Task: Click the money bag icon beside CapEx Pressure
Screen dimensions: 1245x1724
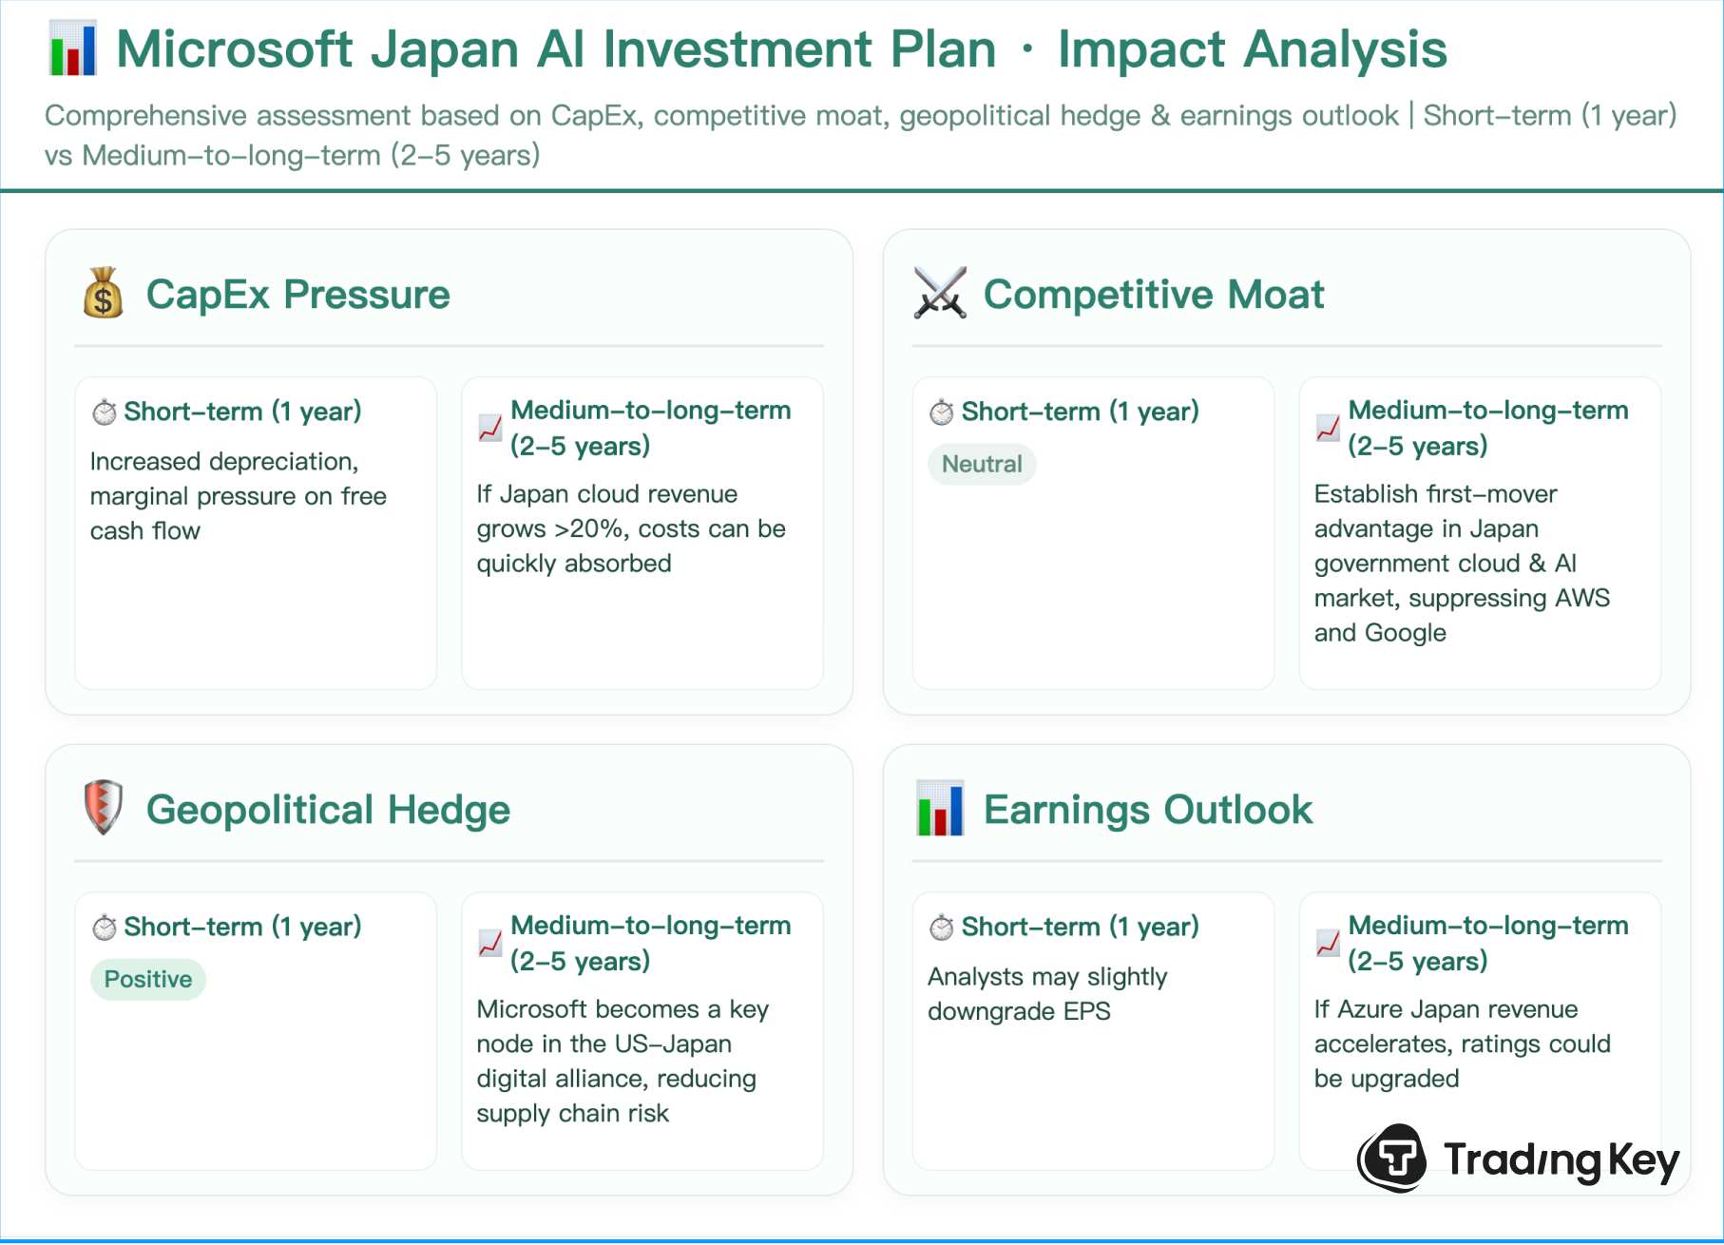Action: tap(103, 293)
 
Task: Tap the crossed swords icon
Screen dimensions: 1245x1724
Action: tap(940, 293)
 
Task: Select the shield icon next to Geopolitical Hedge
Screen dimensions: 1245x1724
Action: tap(103, 807)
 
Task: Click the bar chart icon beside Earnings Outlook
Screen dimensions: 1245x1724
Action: tap(940, 808)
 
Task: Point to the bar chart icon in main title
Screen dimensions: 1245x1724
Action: tap(73, 49)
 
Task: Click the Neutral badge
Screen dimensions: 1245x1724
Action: tap(982, 465)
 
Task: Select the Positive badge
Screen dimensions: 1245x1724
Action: tap(148, 980)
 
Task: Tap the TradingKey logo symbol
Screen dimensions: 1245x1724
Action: tap(1392, 1158)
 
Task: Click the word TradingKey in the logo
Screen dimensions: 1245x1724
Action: tap(1561, 1160)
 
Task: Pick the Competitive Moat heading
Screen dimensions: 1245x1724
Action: tap(1153, 295)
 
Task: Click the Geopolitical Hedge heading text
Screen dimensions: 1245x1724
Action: tap(328, 810)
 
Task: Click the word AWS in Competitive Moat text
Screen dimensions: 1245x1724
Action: tap(1582, 599)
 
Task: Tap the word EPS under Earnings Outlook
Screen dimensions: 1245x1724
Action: tap(1086, 1012)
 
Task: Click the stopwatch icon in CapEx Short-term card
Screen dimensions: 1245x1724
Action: tap(104, 412)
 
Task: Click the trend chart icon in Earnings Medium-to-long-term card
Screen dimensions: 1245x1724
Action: tap(1328, 943)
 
